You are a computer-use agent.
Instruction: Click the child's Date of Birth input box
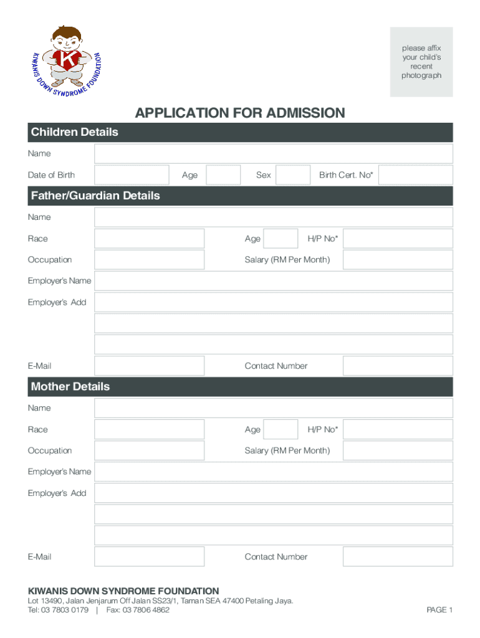coord(132,175)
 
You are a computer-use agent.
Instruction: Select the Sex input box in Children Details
coord(293,175)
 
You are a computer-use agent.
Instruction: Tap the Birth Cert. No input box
coord(415,175)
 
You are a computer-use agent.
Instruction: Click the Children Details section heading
coord(75,132)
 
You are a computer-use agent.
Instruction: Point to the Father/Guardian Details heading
coord(95,196)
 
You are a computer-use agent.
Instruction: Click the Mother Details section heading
coord(70,386)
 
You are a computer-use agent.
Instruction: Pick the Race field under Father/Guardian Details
coord(149,239)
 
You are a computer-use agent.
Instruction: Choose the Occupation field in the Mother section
coord(149,450)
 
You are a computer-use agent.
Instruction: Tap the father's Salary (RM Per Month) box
coord(398,260)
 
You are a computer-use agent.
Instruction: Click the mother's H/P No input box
coord(398,429)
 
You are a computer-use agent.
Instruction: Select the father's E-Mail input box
coord(149,366)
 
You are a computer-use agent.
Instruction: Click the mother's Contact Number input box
coord(398,556)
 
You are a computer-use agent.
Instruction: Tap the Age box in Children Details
coord(223,175)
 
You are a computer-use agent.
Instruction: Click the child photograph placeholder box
coord(421,62)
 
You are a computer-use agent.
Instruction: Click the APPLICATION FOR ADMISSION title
coord(240,113)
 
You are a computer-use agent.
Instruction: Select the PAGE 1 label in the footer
coord(439,610)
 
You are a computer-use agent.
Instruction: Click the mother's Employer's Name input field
coord(274,472)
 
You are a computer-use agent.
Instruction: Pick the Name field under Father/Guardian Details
coord(274,217)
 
